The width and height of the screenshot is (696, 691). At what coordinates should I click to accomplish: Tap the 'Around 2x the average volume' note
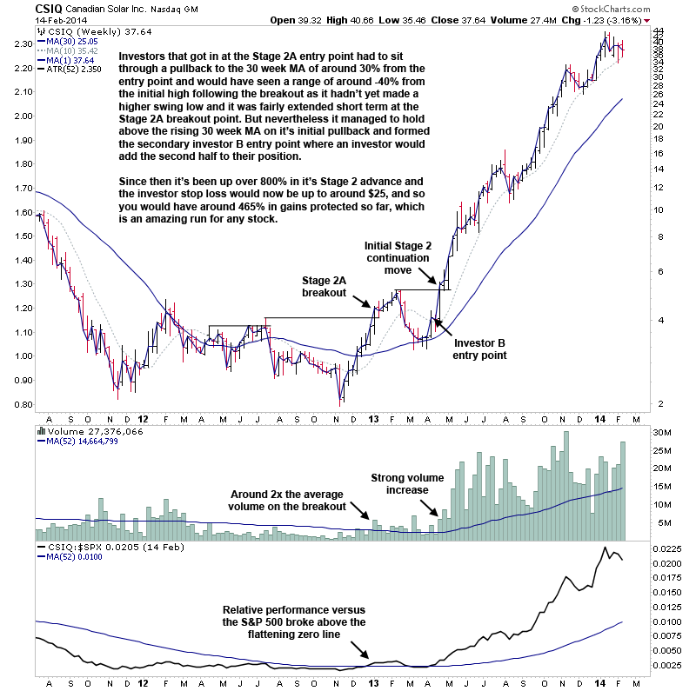287,501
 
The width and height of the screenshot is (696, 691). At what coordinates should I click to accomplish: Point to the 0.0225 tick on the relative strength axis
668,548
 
